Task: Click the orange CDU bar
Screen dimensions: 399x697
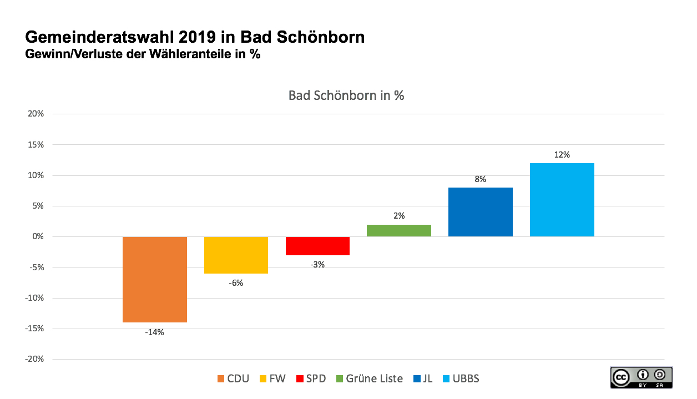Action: [154, 279]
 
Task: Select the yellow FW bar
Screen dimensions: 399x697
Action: [236, 255]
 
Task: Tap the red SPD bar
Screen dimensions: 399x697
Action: [317, 246]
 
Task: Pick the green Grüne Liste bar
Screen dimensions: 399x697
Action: [398, 230]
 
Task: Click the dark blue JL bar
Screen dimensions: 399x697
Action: [480, 212]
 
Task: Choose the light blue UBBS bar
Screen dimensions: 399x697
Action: [562, 200]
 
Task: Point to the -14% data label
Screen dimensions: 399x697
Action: [154, 332]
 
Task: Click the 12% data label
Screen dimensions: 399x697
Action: [562, 155]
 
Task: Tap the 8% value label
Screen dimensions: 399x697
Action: [480, 179]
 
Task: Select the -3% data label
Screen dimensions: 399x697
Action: [317, 265]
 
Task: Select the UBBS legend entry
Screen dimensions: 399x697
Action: [460, 379]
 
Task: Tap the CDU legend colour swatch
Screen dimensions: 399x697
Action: [221, 379]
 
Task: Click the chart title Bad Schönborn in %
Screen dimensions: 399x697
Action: [346, 95]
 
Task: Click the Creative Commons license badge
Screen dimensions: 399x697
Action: [641, 377]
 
